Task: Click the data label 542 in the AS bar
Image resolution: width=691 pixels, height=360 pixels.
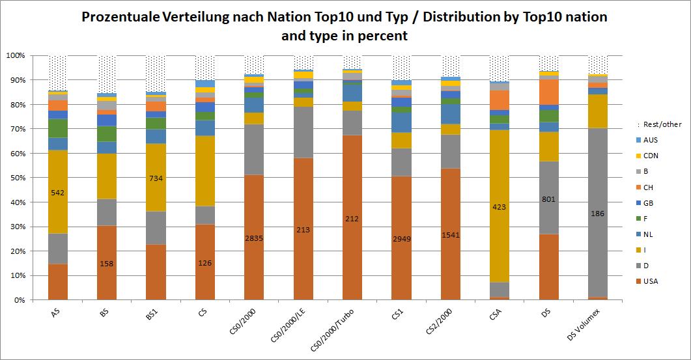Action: tap(57, 193)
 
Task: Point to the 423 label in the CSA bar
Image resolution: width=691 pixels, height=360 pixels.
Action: tap(499, 207)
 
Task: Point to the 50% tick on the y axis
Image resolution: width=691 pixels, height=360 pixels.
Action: tap(16, 178)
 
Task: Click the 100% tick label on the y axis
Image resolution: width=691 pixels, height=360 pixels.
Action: tap(14, 55)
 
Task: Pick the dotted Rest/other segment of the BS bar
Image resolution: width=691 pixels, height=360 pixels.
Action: tap(107, 74)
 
